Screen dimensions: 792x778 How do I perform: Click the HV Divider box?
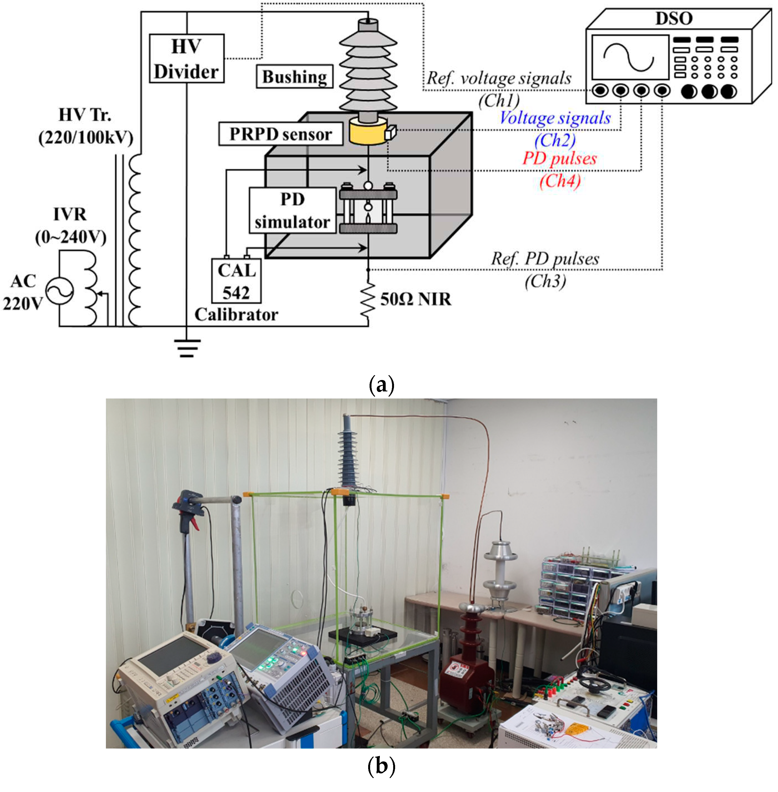pos(186,58)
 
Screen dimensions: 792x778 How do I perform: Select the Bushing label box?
pos(294,76)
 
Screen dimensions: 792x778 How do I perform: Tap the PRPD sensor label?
pos(280,134)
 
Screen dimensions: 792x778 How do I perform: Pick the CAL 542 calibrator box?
pos(236,281)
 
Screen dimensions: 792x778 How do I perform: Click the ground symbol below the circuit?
pos(187,348)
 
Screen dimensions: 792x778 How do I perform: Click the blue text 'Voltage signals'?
pos(555,118)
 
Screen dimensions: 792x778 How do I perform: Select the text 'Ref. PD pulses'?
pos(545,259)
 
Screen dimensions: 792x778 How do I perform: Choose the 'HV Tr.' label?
pos(85,115)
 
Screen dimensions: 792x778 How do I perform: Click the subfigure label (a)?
pos(381,384)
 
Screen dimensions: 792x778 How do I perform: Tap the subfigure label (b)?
pos(381,767)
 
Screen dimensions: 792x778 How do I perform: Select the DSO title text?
pos(674,18)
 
